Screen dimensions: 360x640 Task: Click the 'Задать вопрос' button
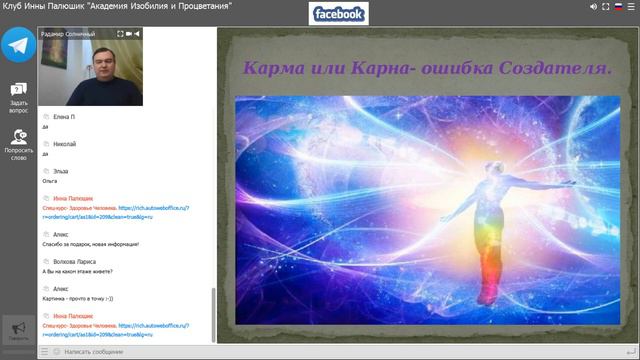coord(19,95)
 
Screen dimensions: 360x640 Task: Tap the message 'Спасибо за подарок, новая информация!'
coord(96,244)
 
